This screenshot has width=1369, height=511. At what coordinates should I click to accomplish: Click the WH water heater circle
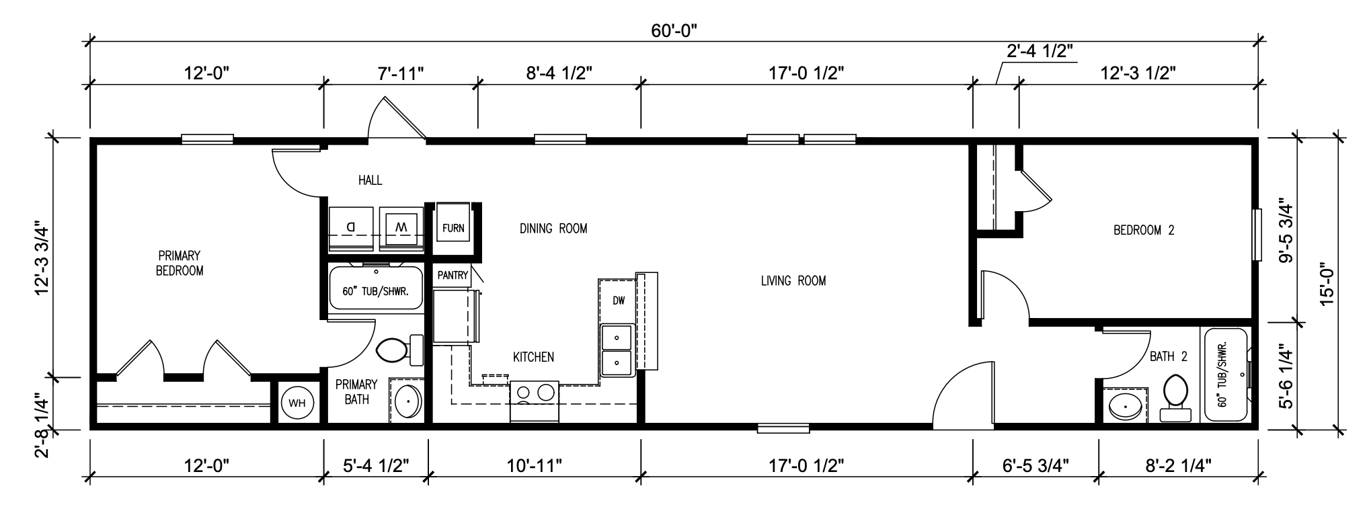point(297,403)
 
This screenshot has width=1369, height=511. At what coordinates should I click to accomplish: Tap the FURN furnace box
point(453,228)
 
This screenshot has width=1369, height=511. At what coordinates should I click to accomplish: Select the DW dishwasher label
point(619,301)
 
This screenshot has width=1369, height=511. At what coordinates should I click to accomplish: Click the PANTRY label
point(453,275)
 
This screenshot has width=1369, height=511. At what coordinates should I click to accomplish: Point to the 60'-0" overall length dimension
point(674,31)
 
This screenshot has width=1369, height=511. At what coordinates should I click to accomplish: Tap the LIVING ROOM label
point(793,280)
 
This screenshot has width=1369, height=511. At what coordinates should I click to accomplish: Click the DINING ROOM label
point(553,229)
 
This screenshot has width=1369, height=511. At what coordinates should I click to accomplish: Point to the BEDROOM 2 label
point(1144,230)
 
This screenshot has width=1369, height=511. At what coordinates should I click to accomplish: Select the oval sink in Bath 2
point(1124,407)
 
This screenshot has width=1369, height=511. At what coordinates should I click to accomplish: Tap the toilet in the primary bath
point(399,350)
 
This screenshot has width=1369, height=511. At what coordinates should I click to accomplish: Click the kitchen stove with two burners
point(535,401)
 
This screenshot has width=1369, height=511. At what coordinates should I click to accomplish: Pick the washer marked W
point(401,229)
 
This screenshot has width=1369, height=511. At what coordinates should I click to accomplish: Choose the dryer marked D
point(350,229)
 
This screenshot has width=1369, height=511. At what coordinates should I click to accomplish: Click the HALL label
point(370,180)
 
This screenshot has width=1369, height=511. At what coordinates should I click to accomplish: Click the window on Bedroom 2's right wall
point(1256,235)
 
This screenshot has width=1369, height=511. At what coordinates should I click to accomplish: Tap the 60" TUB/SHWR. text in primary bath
point(376,292)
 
